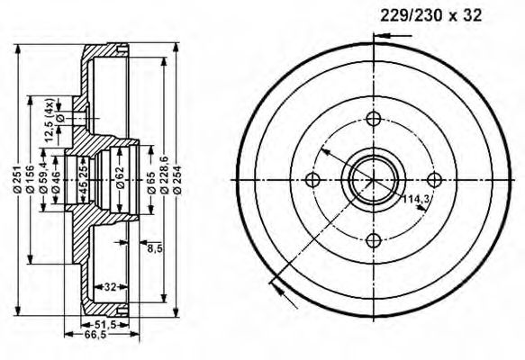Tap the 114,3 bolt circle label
[x=414, y=199]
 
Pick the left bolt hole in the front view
[x=313, y=179]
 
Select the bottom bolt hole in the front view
[x=374, y=239]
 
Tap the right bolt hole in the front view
[x=434, y=179]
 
